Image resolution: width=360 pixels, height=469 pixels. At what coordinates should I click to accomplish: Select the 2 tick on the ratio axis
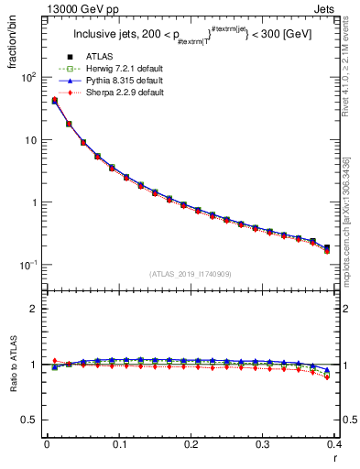(34, 309)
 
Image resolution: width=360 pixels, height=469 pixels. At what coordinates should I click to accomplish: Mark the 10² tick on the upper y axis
(27, 78)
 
